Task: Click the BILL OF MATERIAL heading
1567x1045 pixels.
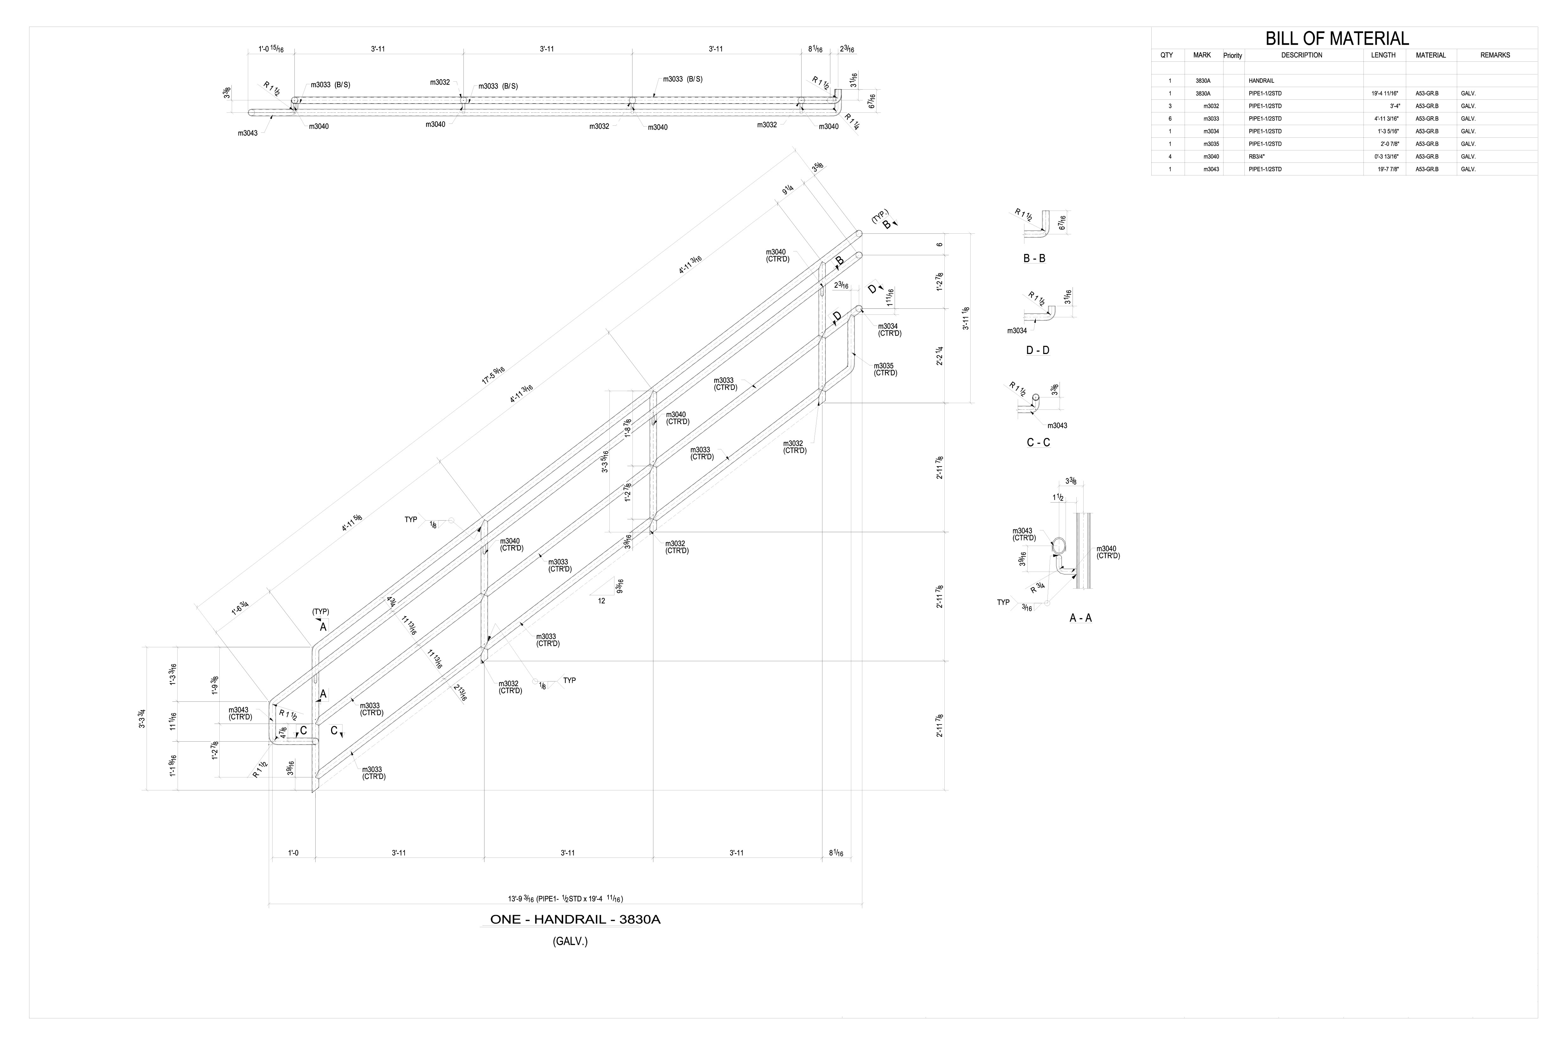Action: click(x=1337, y=39)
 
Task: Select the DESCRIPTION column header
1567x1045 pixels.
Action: click(x=1301, y=55)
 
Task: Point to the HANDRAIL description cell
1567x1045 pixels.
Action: click(x=1261, y=81)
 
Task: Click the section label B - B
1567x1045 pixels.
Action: click(x=1034, y=259)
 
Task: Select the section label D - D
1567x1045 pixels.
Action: click(x=1037, y=351)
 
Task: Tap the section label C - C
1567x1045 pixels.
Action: click(x=1038, y=442)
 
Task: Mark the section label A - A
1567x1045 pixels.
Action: click(x=1080, y=618)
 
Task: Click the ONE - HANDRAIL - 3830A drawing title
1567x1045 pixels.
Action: click(x=575, y=920)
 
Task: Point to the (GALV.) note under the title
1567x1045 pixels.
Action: click(x=570, y=942)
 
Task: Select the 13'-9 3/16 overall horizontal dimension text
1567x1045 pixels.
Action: click(x=565, y=898)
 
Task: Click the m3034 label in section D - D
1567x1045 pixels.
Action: click(x=1017, y=331)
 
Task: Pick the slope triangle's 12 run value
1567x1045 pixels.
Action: click(x=601, y=600)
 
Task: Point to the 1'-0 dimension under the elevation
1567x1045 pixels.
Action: click(x=293, y=852)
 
